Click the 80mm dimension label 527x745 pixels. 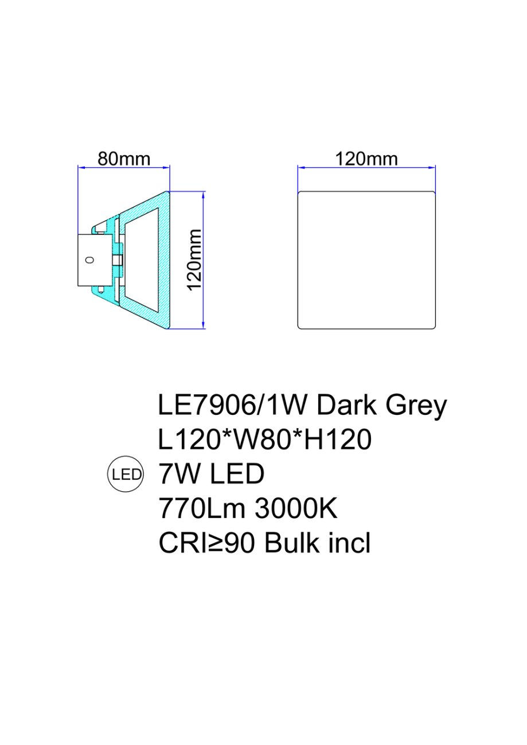click(124, 159)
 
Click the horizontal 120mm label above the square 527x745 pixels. click(366, 159)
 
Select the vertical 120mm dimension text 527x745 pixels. click(195, 260)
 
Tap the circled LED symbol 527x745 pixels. click(126, 474)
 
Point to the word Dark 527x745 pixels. click(347, 406)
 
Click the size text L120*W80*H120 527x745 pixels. click(265, 440)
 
